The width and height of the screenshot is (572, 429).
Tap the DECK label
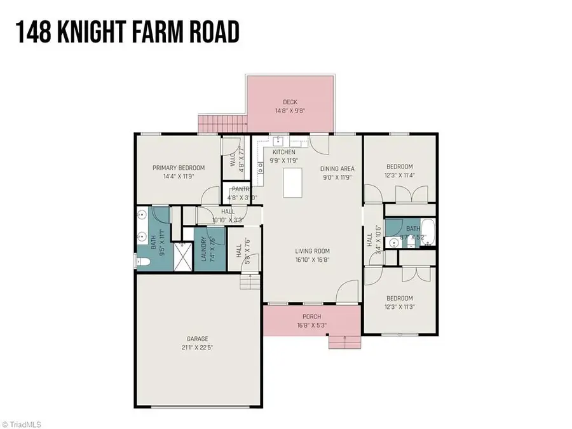290,102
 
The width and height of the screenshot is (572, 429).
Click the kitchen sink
278,142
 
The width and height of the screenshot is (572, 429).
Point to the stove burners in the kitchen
259,167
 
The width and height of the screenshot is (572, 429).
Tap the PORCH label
311,317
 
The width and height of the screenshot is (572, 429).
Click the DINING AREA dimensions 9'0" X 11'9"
337,177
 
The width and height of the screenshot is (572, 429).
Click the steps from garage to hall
250,282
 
